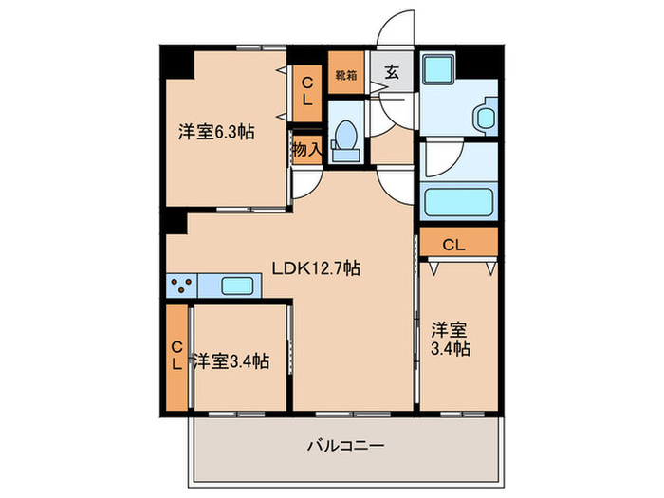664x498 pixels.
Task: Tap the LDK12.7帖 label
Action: click(x=316, y=268)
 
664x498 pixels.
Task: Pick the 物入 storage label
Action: click(x=307, y=149)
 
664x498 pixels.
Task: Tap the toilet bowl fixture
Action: click(x=344, y=138)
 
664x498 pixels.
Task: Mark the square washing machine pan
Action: click(x=438, y=69)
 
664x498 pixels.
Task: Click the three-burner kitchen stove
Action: click(x=182, y=284)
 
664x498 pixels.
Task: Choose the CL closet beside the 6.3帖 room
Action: click(x=306, y=92)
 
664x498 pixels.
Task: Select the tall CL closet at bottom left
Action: click(x=177, y=357)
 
